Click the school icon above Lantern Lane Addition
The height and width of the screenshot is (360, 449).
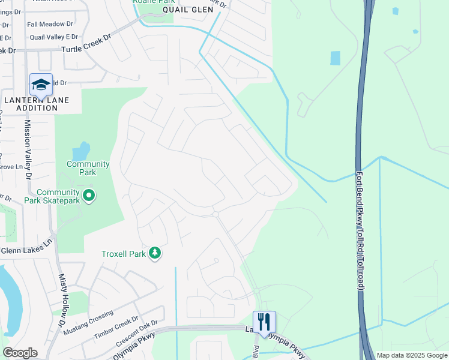point(41,85)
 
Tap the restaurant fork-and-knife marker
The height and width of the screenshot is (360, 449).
point(264,322)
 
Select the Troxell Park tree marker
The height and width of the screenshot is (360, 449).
point(155,253)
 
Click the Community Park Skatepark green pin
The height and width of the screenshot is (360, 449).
point(89,196)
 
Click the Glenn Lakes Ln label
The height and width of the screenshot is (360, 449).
point(27,250)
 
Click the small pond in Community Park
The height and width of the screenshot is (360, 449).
point(81,150)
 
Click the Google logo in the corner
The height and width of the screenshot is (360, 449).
point(20,353)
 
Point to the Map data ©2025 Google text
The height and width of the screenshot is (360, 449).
point(412,355)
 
